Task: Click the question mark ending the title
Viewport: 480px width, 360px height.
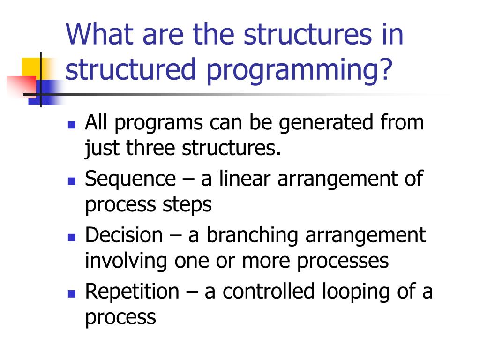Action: pyautogui.click(x=386, y=68)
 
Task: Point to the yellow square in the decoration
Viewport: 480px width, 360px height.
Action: pyautogui.click(x=31, y=67)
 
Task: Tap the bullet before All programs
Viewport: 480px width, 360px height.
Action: pyautogui.click(x=72, y=125)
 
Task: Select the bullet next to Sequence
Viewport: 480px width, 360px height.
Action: pyautogui.click(x=72, y=181)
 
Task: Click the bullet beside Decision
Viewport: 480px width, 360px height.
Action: pyautogui.click(x=72, y=238)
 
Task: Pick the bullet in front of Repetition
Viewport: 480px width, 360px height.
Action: pyautogui.click(x=72, y=294)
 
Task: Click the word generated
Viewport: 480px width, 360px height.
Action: pyautogui.click(x=326, y=124)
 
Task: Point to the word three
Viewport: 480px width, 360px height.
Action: pyautogui.click(x=150, y=148)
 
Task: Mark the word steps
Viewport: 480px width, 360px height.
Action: pyautogui.click(x=187, y=206)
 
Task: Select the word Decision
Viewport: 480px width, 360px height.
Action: pyautogui.click(x=124, y=235)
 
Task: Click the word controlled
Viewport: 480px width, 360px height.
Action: pyautogui.click(x=269, y=291)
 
